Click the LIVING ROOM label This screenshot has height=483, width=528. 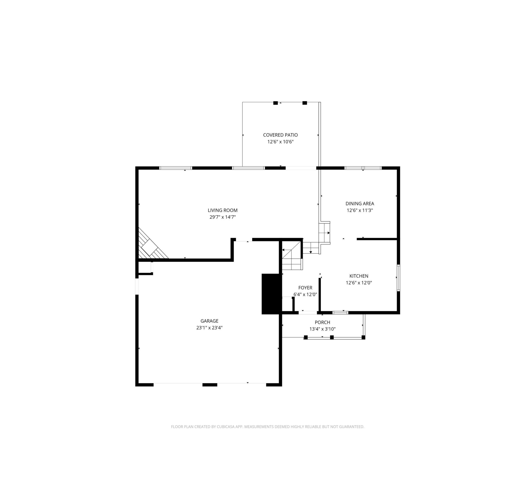(223, 210)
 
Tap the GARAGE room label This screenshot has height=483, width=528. (209, 321)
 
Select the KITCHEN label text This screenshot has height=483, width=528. (359, 276)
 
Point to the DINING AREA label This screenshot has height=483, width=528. (360, 203)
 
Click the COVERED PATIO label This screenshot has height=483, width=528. (280, 135)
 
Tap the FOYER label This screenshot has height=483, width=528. (305, 288)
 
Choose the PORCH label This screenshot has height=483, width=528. (322, 322)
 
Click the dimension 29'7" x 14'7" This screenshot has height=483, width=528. (223, 217)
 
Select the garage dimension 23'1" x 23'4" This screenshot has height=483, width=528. (209, 328)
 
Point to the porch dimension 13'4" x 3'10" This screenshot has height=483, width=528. (322, 329)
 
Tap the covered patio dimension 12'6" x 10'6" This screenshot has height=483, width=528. (280, 142)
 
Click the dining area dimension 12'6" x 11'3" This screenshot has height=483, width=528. (360, 210)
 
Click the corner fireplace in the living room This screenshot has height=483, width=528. (151, 245)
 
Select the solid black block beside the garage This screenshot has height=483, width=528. (272, 294)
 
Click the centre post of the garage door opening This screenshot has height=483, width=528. (210, 385)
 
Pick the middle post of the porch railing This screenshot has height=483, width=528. (332, 338)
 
